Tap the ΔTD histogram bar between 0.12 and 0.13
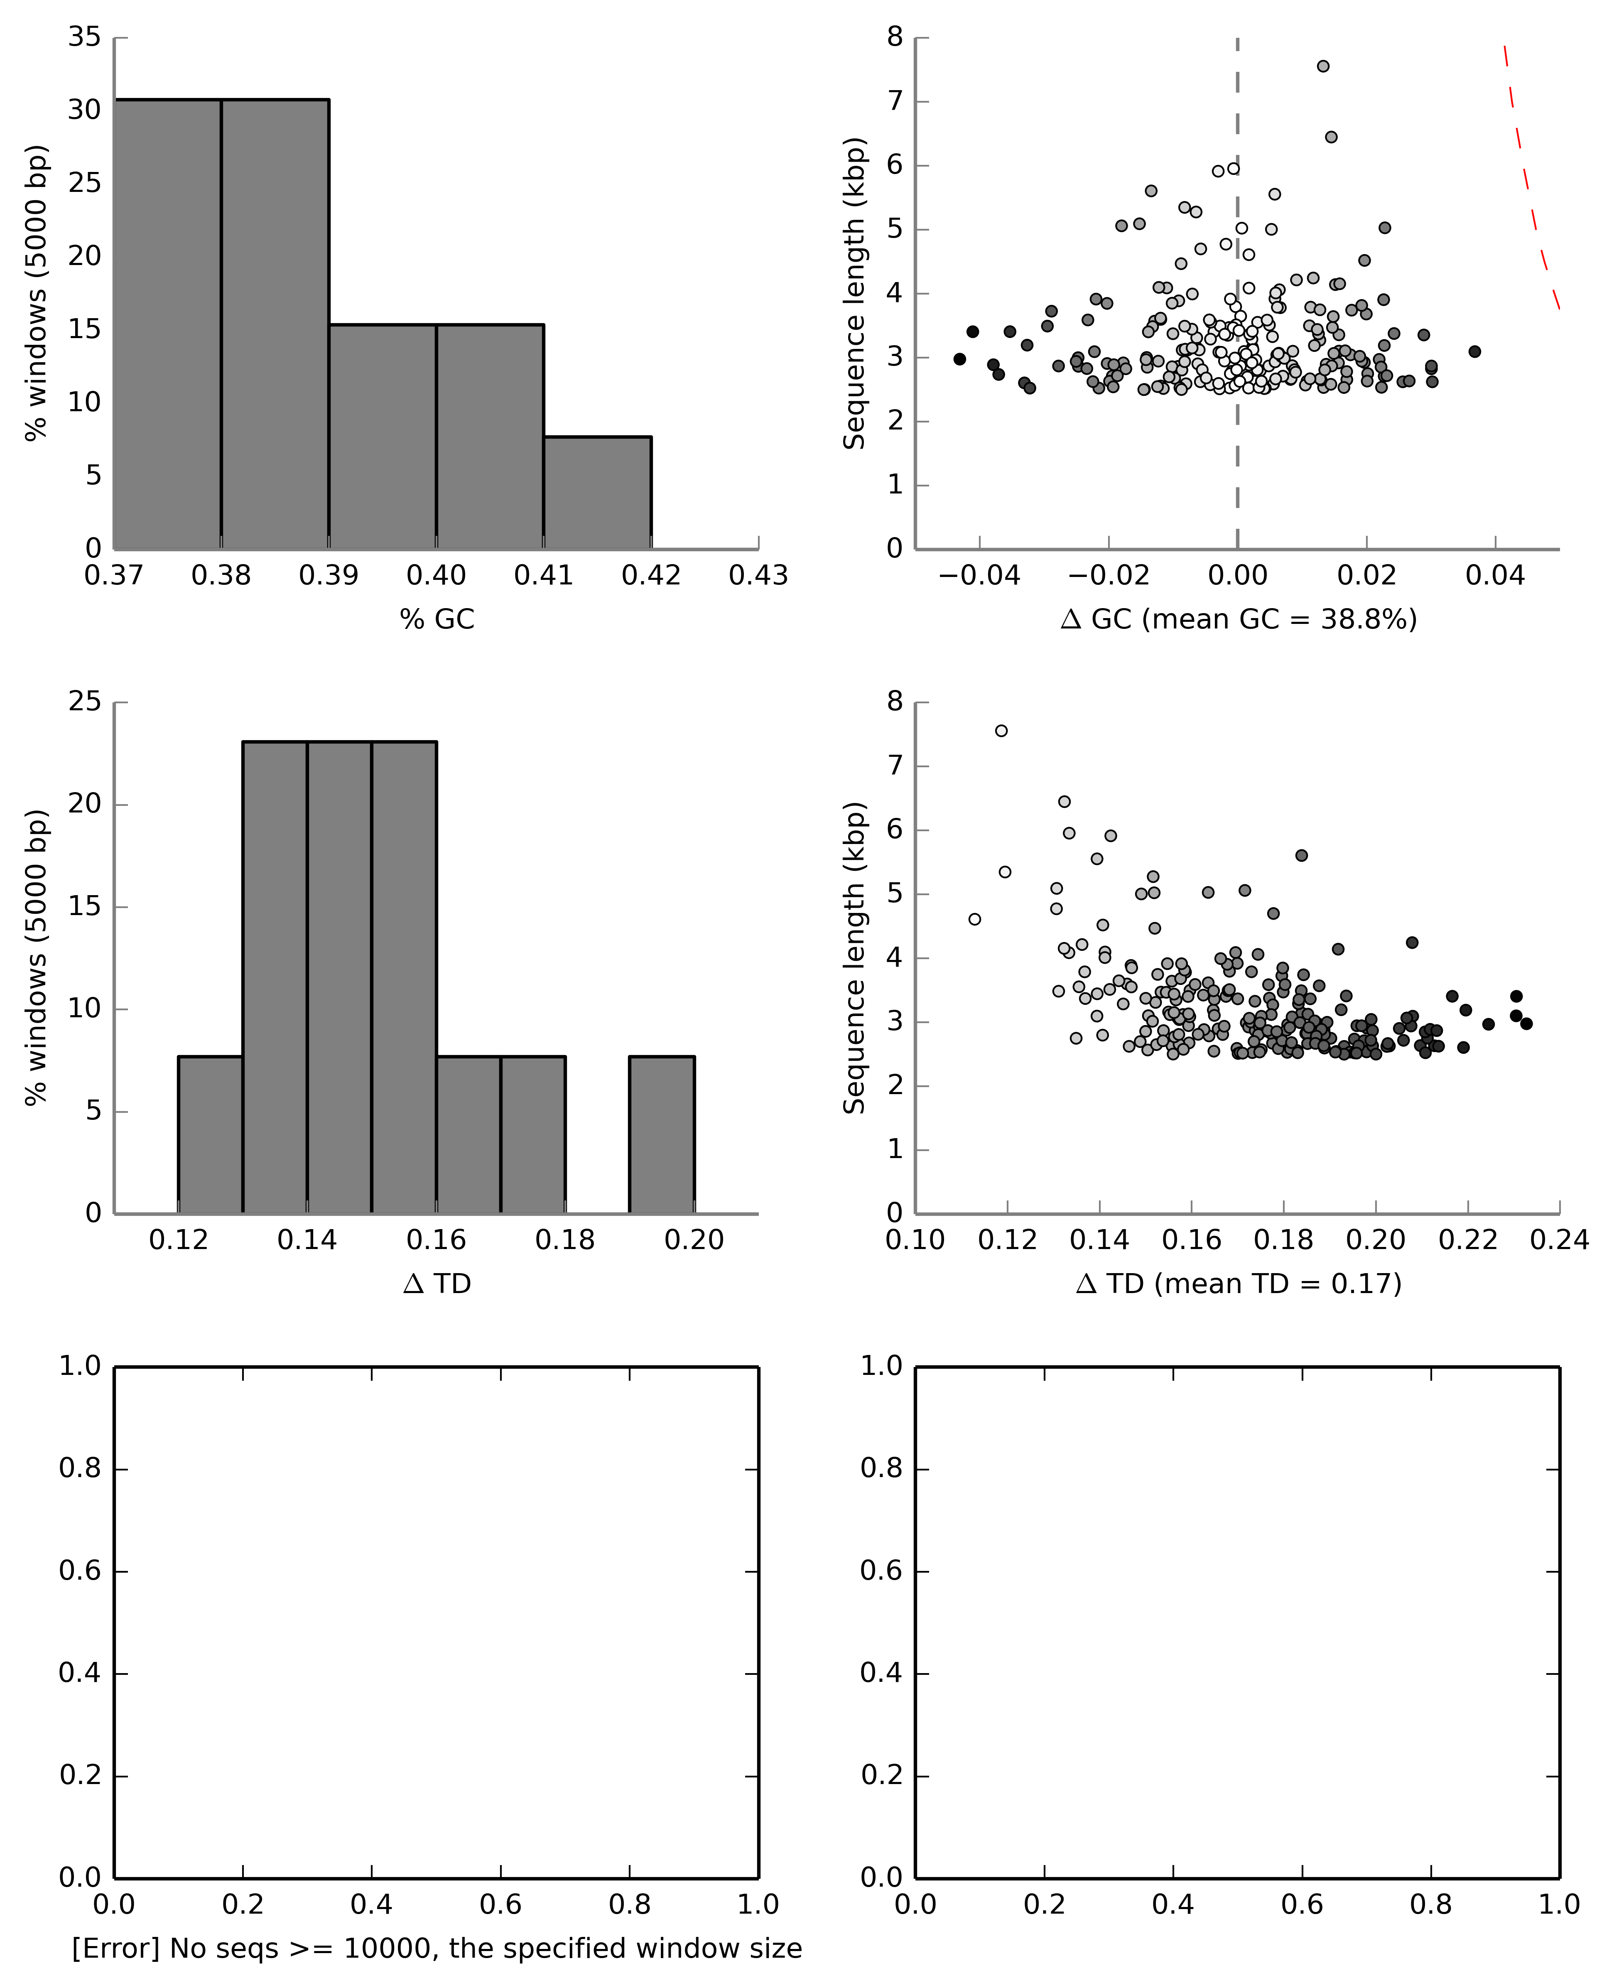point(210,1134)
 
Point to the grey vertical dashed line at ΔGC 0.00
point(1237,446)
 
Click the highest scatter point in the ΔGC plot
point(1323,66)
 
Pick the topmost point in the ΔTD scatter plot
point(1001,731)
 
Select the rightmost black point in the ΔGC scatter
point(1474,351)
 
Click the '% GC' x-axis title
point(437,619)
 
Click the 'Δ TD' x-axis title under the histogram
point(437,1284)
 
